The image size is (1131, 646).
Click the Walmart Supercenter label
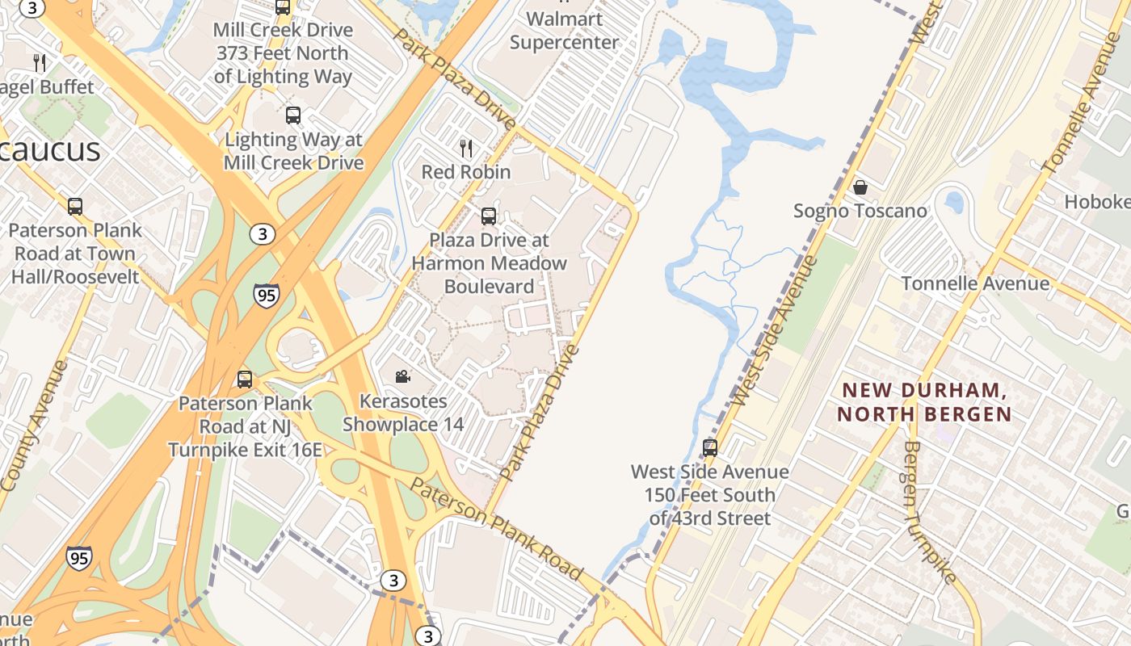point(564,31)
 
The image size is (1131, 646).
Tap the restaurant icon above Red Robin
point(466,148)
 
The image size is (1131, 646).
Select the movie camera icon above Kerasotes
point(402,376)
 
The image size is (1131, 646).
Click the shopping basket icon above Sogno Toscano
point(860,187)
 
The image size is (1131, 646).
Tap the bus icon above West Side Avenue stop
point(710,447)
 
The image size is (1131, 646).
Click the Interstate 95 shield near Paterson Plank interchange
point(266,296)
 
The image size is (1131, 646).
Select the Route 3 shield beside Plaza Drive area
point(261,234)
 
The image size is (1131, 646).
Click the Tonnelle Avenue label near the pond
point(975,283)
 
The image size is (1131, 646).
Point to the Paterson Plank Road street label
point(496,528)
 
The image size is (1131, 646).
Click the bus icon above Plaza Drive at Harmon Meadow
point(489,216)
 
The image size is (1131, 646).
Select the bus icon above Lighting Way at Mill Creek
point(292,115)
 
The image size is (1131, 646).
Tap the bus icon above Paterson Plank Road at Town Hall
point(75,206)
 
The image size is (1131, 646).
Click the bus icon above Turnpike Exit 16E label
point(244,379)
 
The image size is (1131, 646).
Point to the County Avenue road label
point(33,426)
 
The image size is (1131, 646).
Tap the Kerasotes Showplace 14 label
point(403,413)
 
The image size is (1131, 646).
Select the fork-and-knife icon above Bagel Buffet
point(39,62)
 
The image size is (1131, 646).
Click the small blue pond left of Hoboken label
point(954,201)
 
